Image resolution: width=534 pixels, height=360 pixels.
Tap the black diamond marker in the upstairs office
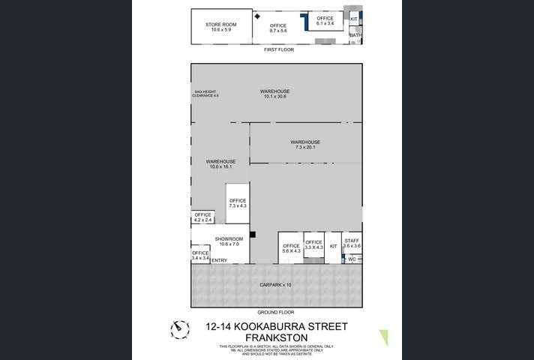click(x=257, y=16)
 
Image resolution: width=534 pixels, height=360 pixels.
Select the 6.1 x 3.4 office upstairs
click(x=325, y=21)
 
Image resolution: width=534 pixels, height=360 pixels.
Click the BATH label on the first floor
click(x=355, y=34)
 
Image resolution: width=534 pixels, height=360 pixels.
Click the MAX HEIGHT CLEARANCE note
click(x=205, y=94)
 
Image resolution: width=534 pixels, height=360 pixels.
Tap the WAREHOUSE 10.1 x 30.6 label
click(x=276, y=94)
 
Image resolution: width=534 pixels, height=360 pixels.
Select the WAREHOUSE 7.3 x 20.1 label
click(x=305, y=145)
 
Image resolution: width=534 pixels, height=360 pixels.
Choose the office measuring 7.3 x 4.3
click(x=238, y=202)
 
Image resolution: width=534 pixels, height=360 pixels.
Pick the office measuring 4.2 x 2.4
click(x=203, y=217)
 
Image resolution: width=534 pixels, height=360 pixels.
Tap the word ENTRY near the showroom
click(x=219, y=260)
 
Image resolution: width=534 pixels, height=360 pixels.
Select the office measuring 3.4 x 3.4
click(x=199, y=255)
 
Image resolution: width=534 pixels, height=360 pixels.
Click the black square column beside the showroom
click(x=253, y=235)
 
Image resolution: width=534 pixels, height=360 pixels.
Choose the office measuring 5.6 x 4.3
click(x=290, y=248)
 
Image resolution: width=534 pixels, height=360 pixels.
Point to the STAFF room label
click(x=352, y=243)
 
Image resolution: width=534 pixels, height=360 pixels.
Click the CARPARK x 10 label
click(x=276, y=285)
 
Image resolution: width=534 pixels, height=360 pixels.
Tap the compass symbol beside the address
click(x=179, y=328)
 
